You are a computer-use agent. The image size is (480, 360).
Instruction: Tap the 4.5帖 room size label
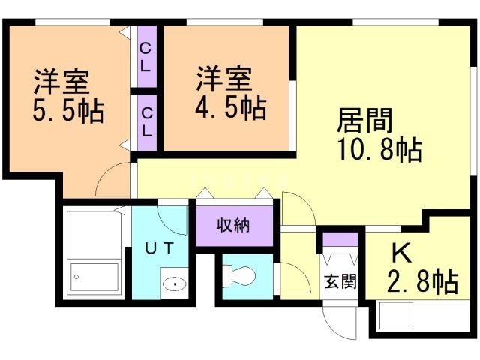pos(231,108)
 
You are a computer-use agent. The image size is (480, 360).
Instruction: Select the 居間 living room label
pos(365,121)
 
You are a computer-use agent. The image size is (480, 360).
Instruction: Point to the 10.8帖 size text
pos(380,149)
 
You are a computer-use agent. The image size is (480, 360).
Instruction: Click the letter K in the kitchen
pos(402,253)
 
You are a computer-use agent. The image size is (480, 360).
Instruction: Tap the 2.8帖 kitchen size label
pos(423,281)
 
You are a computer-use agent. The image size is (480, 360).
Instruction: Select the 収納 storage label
pos(233,226)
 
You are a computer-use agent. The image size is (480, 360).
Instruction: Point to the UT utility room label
pos(160,248)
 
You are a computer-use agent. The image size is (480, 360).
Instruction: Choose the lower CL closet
pos(147,123)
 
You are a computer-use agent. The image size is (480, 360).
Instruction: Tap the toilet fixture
pos(238,277)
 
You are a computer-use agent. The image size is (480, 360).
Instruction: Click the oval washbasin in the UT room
pos(175,283)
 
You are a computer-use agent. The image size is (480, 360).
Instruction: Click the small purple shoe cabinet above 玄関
pos(340,239)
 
